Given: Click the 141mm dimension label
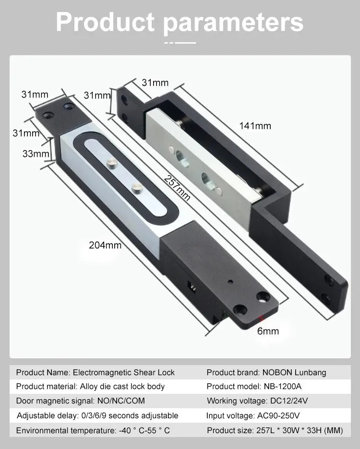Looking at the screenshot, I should coord(255,126).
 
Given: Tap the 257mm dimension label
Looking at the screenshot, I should coord(177,188).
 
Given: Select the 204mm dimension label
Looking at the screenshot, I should coord(105,245).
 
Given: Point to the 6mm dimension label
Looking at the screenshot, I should coord(268,331).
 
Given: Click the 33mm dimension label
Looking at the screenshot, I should coord(36,154).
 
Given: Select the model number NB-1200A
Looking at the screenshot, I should coord(282,386).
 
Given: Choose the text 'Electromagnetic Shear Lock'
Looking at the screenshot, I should coord(124,372).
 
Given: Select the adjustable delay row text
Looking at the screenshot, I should coord(97,415).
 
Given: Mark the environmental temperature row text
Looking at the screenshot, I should coord(93,430).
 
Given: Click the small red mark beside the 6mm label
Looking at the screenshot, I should coord(260,318).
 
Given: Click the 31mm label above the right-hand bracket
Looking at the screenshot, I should coord(155,83).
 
